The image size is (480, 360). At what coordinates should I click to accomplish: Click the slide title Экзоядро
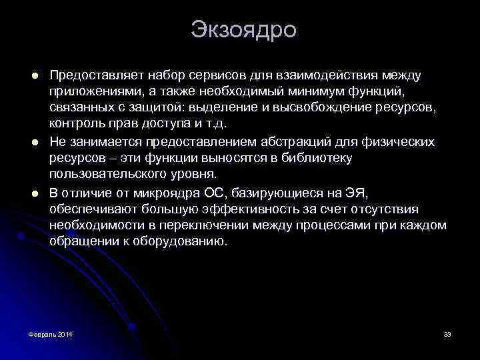(243, 30)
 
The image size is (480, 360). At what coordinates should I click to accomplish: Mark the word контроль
(75, 124)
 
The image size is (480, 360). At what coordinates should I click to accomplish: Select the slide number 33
(447, 333)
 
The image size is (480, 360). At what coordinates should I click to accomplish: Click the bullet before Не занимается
(23, 142)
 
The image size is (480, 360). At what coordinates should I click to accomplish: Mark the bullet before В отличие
(23, 194)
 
